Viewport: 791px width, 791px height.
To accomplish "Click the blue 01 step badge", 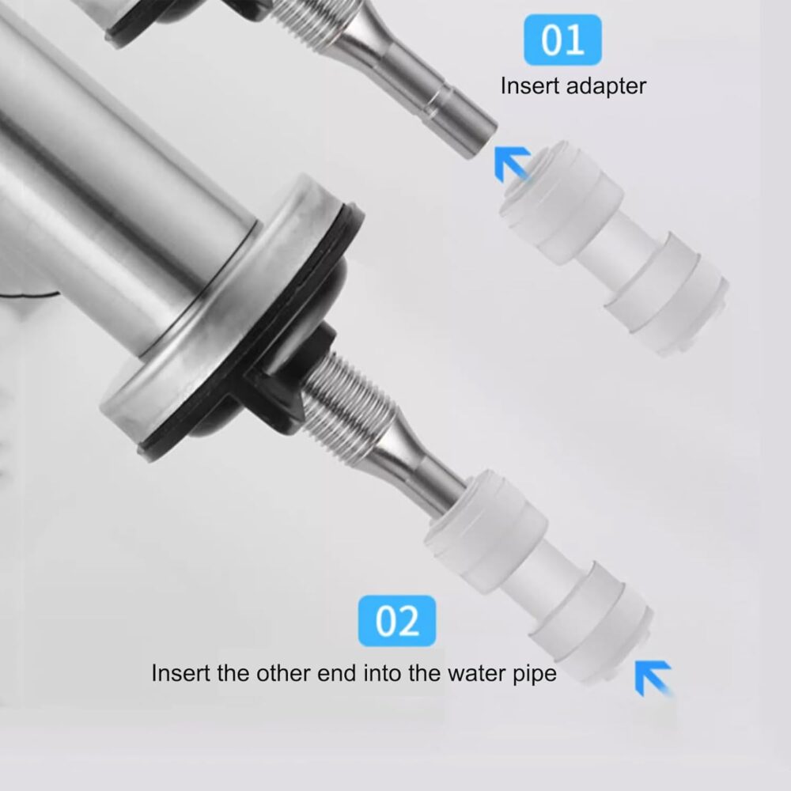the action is click(x=562, y=40).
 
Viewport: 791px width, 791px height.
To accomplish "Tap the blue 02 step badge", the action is click(x=397, y=620).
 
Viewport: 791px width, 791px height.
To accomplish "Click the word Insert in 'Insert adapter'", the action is click(x=530, y=85).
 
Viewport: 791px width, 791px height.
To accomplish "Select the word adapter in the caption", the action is click(x=606, y=87).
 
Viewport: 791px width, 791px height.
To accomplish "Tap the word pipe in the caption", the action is click(x=536, y=675).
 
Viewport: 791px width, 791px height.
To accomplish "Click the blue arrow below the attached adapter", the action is click(x=654, y=679).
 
